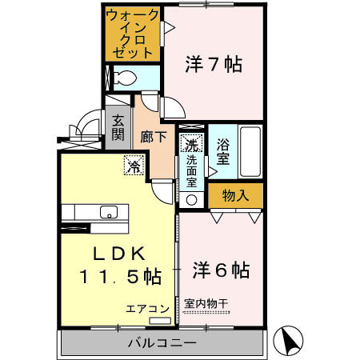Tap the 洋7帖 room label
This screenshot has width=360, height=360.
(x=214, y=64)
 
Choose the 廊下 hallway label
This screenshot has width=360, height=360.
(x=154, y=136)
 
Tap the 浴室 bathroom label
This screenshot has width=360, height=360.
(x=222, y=151)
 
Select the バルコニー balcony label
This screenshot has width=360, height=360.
(x=162, y=343)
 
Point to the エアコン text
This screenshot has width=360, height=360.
(x=147, y=307)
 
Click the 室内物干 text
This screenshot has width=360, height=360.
(x=206, y=304)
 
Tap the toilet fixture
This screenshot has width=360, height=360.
(x=124, y=78)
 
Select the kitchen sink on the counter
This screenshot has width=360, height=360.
(x=108, y=212)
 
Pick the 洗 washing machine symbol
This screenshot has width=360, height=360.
(x=192, y=145)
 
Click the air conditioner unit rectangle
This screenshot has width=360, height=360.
(x=160, y=321)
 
